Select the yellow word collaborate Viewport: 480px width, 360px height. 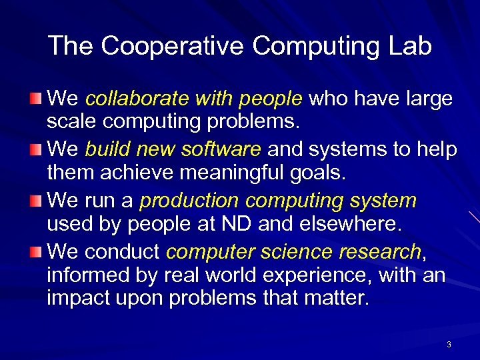tap(138, 99)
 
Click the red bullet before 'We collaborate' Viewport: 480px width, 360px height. tap(37, 99)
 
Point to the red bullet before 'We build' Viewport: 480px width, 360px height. tap(37, 150)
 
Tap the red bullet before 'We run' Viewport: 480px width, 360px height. tap(37, 201)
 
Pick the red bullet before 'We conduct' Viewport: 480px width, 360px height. tap(37, 251)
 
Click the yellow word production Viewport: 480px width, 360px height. tap(189, 200)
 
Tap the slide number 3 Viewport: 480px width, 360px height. tap(449, 345)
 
